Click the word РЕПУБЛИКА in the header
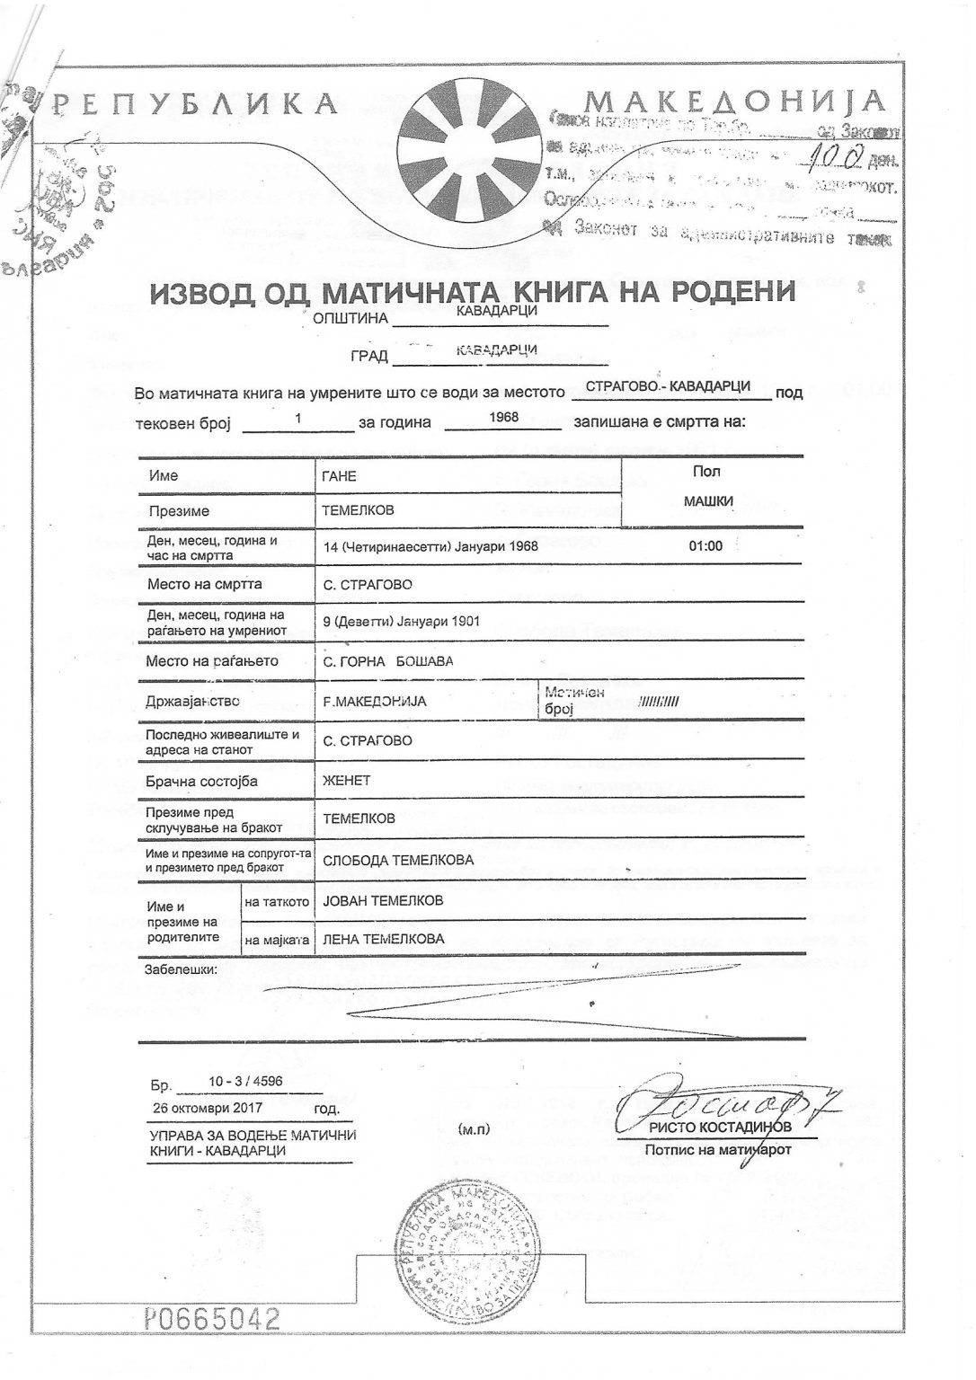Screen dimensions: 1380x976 [x=194, y=105]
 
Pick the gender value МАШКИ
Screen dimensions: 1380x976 [x=708, y=501]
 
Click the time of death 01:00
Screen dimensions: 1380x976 [x=705, y=545]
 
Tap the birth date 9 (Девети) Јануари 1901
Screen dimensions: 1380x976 [x=401, y=621]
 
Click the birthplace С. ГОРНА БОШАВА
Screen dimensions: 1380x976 [x=388, y=661]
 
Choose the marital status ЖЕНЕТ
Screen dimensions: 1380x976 [x=346, y=780]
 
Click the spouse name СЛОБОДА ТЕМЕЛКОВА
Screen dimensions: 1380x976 [x=397, y=860]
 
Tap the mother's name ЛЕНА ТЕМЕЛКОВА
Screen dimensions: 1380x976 [x=383, y=939]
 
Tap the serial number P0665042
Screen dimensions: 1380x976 [x=212, y=1319]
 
